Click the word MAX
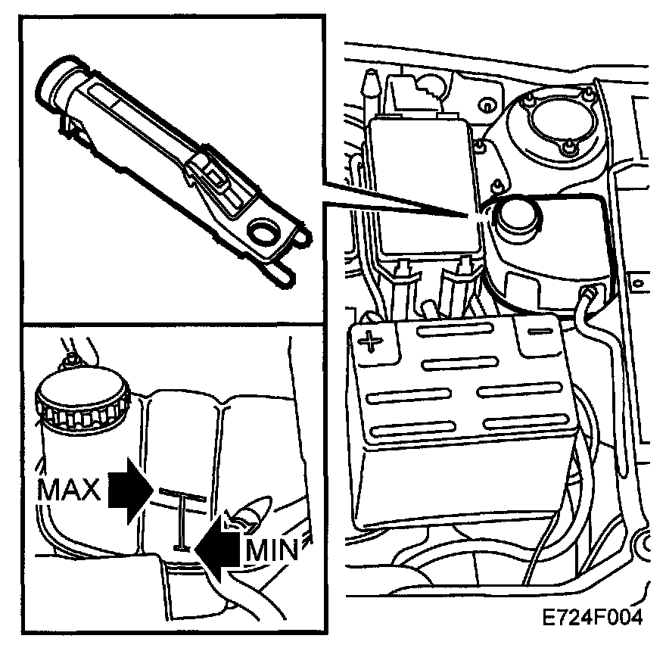click(67, 491)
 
